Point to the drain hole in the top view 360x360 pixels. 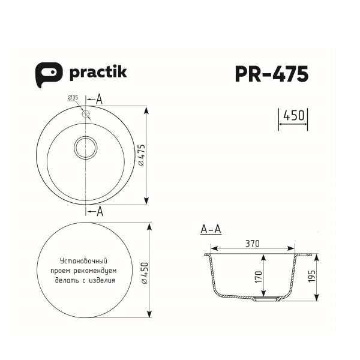(85, 146)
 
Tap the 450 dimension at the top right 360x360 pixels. (293, 115)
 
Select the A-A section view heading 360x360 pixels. (211, 229)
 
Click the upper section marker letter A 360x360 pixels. (100, 98)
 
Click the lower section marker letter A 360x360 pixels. (100, 211)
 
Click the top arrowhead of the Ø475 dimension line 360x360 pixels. (148, 109)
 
